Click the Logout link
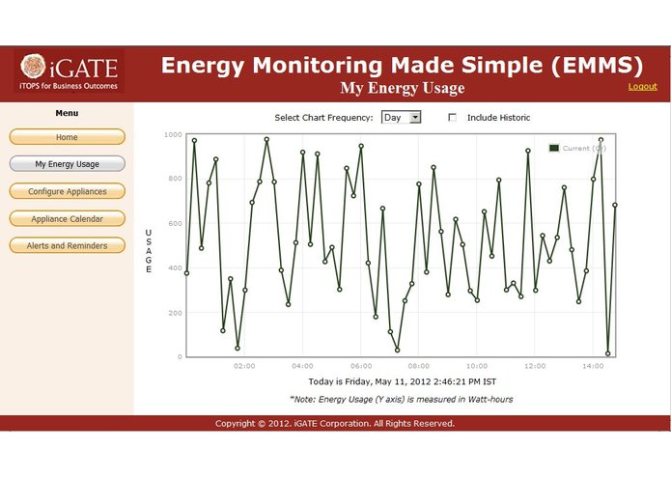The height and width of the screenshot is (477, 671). click(642, 87)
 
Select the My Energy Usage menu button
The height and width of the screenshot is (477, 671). click(68, 164)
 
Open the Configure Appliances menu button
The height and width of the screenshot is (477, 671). click(68, 191)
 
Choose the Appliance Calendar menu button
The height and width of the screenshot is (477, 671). click(68, 218)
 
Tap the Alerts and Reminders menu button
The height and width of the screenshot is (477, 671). click(68, 245)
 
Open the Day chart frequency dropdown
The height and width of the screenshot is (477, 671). click(402, 117)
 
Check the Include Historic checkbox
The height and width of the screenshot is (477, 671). click(453, 118)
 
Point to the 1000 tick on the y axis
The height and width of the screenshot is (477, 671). click(172, 134)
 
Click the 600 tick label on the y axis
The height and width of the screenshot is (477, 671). click(174, 223)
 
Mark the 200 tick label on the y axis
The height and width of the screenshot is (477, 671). click(174, 313)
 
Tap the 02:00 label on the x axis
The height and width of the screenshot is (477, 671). click(244, 367)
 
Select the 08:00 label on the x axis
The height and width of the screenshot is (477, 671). click(418, 367)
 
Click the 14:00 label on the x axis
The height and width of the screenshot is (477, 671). click(592, 367)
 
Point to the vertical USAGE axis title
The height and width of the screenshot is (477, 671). click(148, 251)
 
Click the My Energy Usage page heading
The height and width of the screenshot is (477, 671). click(402, 89)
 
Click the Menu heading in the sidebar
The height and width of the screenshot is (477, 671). click(67, 114)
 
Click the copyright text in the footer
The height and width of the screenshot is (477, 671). click(335, 423)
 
